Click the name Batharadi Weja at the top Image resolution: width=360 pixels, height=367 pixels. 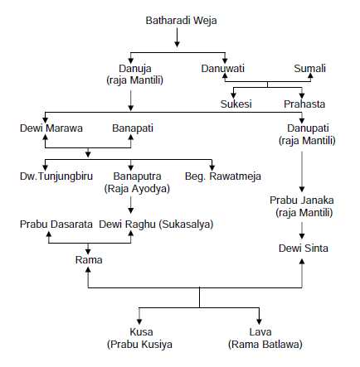pyautogui.click(x=181, y=21)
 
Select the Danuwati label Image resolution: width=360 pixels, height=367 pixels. pyautogui.click(x=223, y=69)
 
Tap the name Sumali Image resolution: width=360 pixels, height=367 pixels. pyautogui.click(x=309, y=69)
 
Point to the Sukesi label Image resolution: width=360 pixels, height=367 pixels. pyautogui.click(x=236, y=104)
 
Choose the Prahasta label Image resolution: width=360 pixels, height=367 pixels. pyautogui.click(x=304, y=104)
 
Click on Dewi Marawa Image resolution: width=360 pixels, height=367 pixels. pyautogui.click(x=51, y=128)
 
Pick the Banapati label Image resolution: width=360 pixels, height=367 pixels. pyautogui.click(x=133, y=128)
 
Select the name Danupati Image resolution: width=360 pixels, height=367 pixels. pyautogui.click(x=308, y=128)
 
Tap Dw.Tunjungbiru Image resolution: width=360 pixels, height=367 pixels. pyautogui.click(x=56, y=176)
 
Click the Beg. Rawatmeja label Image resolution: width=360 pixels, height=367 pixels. pyautogui.click(x=223, y=176)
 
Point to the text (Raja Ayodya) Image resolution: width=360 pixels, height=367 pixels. pyautogui.click(x=137, y=189)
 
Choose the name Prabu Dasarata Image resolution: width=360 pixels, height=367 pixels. pyautogui.click(x=56, y=225)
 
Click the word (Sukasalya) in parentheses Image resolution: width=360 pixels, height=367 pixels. pyautogui.click(x=186, y=225)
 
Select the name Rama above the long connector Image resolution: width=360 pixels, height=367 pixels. pyautogui.click(x=89, y=260)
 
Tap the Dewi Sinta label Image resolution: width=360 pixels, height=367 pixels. pyautogui.click(x=304, y=249)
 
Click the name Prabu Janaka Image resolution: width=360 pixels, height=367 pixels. pyautogui.click(x=302, y=200)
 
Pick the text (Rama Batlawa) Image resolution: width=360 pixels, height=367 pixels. pyautogui.click(x=265, y=345)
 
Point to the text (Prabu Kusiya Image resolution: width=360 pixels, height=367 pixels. pyautogui.click(x=139, y=345)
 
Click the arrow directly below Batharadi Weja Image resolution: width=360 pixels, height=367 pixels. pyautogui.click(x=178, y=37)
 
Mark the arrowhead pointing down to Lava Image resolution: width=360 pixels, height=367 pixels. pyautogui.click(x=259, y=321)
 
